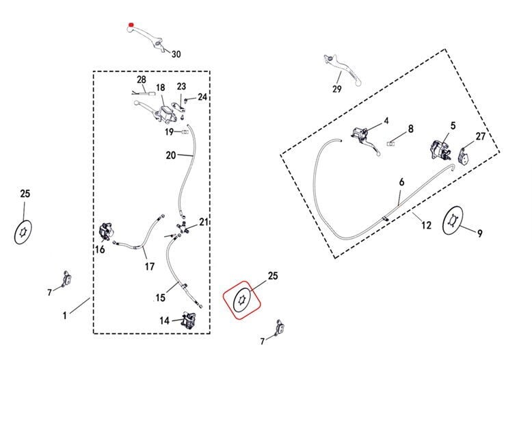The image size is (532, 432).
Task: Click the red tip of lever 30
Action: coord(131,27)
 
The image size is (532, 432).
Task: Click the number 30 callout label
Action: coord(176,54)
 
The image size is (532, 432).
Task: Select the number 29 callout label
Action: coord(336,89)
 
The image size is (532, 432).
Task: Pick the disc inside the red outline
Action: coord(243,300)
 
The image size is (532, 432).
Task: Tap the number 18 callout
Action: coord(160,88)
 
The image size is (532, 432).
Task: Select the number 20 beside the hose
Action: coord(171,155)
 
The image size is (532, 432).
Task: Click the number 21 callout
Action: coord(203,221)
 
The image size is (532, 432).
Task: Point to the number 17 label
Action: coord(149,266)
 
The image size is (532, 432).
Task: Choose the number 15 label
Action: coord(160,298)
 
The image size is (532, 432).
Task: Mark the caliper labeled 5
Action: coord(438,148)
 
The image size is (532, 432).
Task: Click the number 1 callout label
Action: coord(65,316)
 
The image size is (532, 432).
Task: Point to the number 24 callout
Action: coord(202,97)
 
